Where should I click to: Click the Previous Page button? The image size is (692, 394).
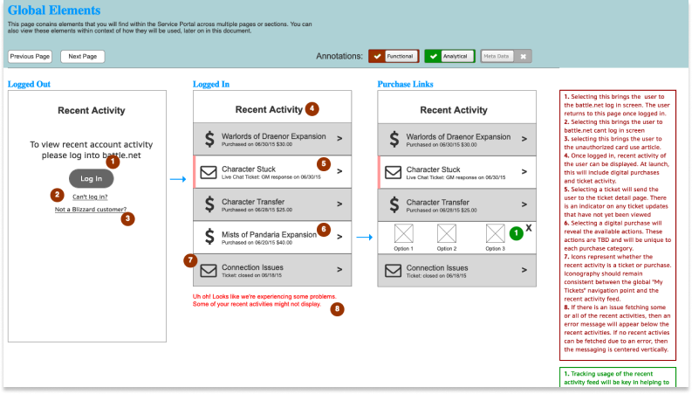tap(31, 56)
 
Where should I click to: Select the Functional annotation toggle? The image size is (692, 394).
tap(394, 56)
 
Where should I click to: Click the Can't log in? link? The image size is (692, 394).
tap(90, 197)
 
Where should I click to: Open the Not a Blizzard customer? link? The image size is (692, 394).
tap(90, 210)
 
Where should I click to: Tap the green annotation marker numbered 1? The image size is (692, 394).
tap(516, 233)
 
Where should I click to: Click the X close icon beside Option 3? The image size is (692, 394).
tap(529, 226)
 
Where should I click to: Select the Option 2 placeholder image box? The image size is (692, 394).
tap(447, 233)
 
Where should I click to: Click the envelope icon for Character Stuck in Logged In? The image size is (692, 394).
tap(209, 172)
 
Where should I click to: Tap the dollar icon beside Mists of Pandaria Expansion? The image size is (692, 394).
tap(209, 235)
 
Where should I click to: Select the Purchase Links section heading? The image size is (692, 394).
tap(405, 84)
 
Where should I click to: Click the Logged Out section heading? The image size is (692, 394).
tap(29, 84)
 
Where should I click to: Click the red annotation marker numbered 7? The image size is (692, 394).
tap(191, 259)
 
